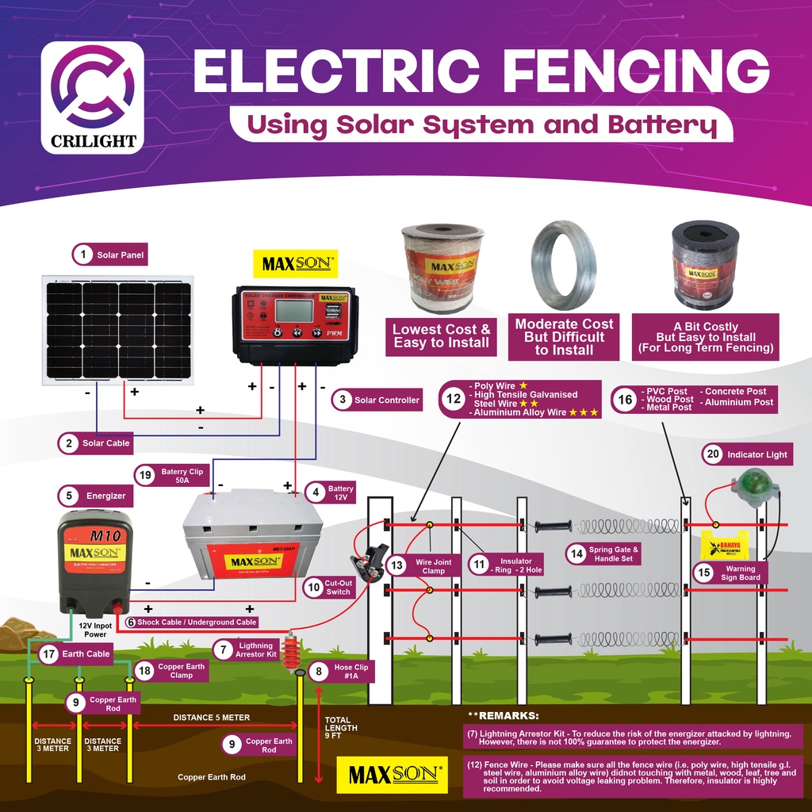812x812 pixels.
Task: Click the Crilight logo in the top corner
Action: click(x=92, y=97)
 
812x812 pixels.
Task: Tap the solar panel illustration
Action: click(x=118, y=329)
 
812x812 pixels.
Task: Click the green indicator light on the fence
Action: click(x=748, y=485)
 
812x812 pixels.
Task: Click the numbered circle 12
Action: click(x=454, y=400)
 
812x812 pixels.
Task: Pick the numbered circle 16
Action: click(x=626, y=400)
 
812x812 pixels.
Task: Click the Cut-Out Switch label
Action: click(x=337, y=588)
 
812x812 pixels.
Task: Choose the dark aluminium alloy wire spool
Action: click(x=705, y=265)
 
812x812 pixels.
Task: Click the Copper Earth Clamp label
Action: click(x=180, y=671)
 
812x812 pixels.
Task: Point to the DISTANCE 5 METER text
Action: click(x=212, y=718)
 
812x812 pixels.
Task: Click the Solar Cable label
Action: click(x=105, y=443)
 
